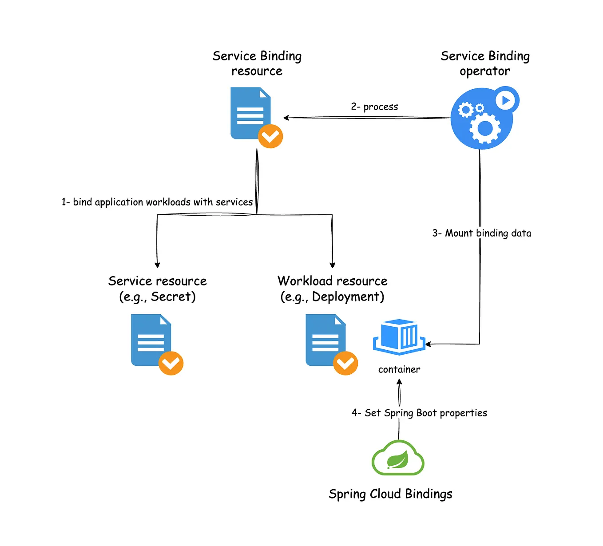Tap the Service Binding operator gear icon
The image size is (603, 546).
point(482,119)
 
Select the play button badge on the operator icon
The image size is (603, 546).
point(506,100)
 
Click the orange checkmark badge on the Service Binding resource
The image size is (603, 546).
point(270,136)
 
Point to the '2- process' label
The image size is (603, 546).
point(374,107)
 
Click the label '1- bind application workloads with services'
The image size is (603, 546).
point(157,202)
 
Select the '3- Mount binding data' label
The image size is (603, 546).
point(482,233)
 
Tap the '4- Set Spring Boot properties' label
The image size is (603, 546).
point(419,413)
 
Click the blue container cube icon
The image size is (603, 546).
point(399,337)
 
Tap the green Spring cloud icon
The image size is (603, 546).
point(398,459)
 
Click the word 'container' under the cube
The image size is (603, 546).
point(399,369)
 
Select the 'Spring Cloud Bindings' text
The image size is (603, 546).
point(390,494)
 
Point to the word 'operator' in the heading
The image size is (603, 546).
point(485,71)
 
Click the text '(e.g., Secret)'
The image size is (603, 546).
point(157,297)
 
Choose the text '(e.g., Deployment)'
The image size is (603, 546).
point(332,297)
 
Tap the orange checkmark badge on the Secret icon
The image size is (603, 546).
point(171,364)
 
